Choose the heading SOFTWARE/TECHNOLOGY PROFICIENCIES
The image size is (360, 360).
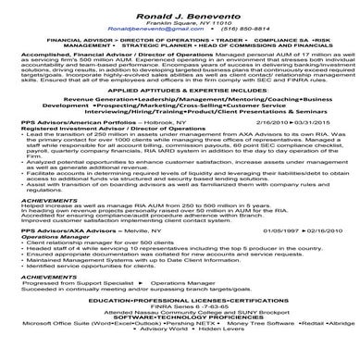181,335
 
